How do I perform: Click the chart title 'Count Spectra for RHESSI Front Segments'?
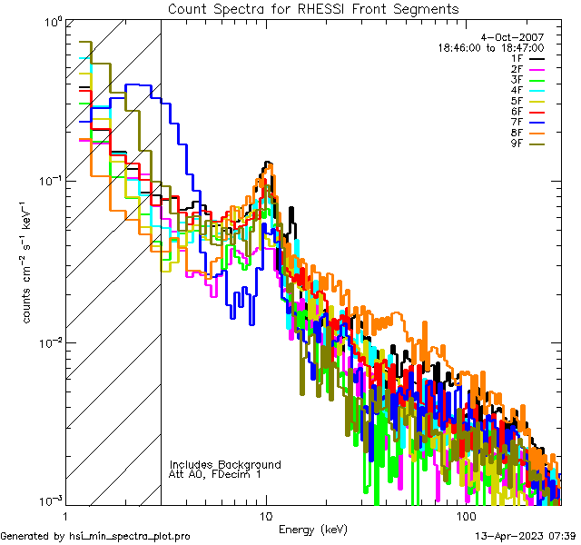[313, 9]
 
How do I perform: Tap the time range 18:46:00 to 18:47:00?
[490, 48]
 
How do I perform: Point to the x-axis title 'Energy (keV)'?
[312, 530]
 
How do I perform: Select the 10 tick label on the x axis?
[266, 515]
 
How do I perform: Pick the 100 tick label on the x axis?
[466, 515]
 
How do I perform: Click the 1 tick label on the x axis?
[66, 515]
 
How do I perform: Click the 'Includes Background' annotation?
[225, 465]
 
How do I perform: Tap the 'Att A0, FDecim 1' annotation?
[215, 475]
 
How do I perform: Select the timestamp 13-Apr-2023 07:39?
[523, 537]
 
